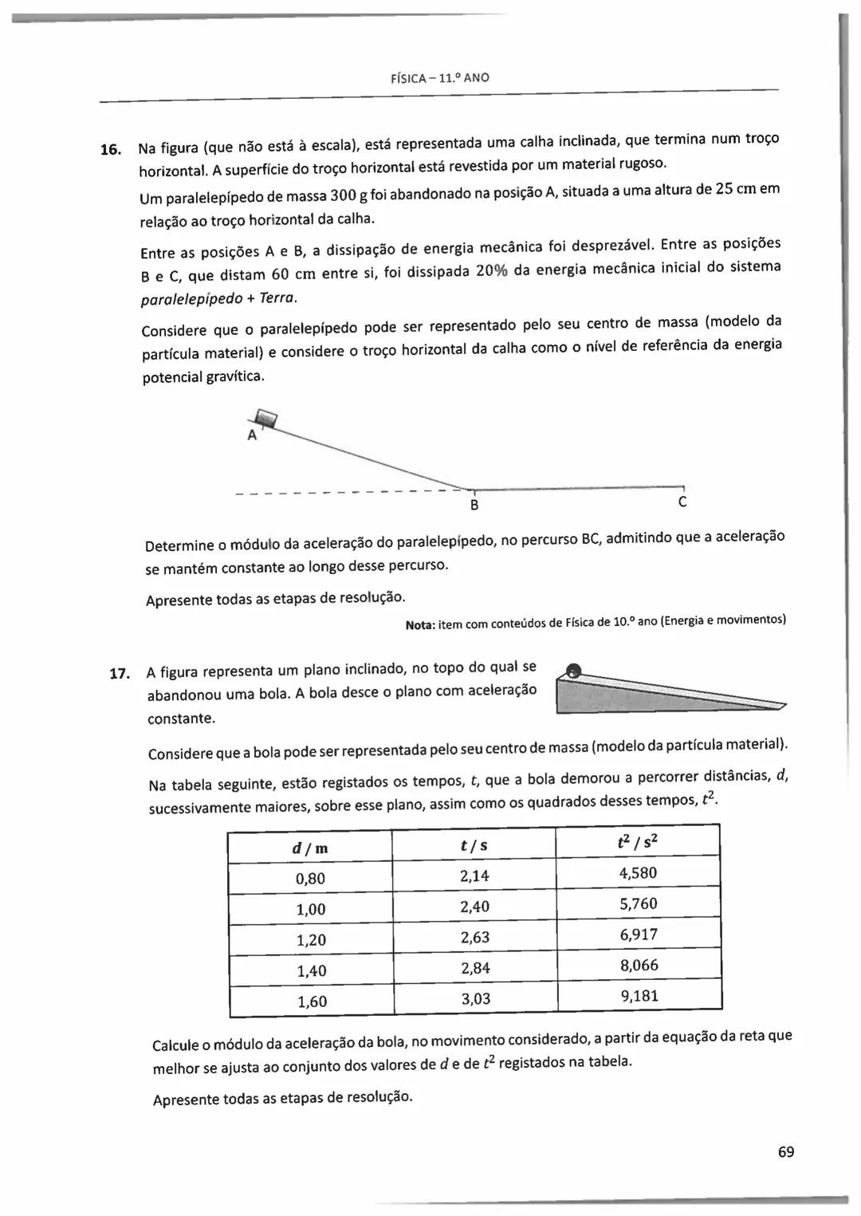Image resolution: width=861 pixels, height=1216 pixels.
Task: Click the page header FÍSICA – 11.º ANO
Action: tap(440, 78)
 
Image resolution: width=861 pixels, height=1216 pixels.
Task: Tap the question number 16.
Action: tap(110, 149)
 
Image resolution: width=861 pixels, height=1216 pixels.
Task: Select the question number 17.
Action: tap(119, 673)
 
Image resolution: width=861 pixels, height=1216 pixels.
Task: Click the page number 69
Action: tap(786, 1151)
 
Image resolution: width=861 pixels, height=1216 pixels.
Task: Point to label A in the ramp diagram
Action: tap(252, 436)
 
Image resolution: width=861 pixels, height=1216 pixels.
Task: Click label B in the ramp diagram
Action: tap(474, 506)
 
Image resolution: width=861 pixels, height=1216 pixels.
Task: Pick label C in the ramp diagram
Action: tap(682, 502)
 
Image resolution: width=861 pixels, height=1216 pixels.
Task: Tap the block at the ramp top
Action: tap(265, 418)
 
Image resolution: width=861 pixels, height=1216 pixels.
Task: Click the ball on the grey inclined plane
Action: tap(572, 671)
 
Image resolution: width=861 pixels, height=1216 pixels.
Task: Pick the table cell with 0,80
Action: tap(310, 879)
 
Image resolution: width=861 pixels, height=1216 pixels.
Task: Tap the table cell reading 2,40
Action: tap(474, 907)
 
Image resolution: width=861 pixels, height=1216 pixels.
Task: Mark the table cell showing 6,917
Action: tap(639, 935)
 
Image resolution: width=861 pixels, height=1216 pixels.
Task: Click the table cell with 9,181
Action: tap(639, 996)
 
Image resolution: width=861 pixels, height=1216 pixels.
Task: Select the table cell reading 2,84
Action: tap(475, 968)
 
